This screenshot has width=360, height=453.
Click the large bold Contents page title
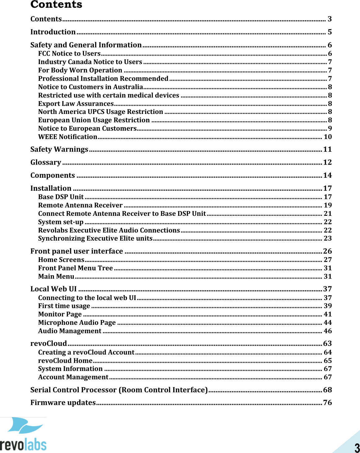tap(56, 5)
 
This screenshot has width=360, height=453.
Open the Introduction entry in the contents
tap(53, 32)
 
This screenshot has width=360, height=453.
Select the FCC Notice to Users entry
tap(69, 54)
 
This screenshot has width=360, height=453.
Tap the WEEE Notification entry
tap(68, 137)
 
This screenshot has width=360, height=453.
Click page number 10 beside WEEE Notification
tap(327, 137)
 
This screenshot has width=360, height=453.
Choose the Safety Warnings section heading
tap(59, 150)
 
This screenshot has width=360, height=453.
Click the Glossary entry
tap(46, 163)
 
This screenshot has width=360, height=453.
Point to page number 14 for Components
tap(327, 176)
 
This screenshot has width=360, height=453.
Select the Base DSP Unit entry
tap(61, 197)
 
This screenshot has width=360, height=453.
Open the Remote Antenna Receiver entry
tap(80, 205)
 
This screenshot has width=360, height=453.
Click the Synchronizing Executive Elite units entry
tap(95, 238)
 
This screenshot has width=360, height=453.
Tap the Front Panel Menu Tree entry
tap(76, 268)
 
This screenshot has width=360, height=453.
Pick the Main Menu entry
tap(56, 277)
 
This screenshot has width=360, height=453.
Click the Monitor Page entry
tap(60, 314)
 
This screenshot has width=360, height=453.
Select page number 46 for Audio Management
tap(327, 331)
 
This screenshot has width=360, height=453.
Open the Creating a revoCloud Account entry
tap(86, 352)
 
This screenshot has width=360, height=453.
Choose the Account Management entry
tap(73, 377)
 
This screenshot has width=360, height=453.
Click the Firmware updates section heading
tap(63, 403)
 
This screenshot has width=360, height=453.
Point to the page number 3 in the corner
tap(357, 448)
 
